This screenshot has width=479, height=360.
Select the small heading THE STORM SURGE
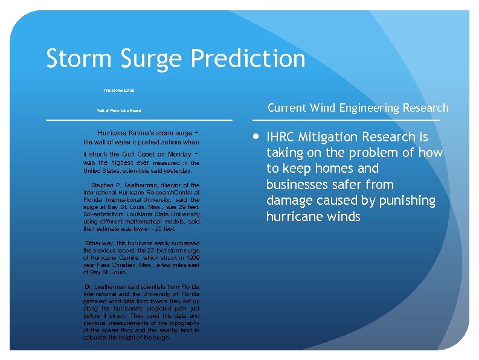point(119,90)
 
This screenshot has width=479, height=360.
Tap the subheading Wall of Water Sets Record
point(119,111)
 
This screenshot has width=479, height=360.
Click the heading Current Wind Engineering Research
point(358,108)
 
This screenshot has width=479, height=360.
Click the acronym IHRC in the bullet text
point(283,137)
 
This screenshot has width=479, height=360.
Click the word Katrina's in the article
point(140,133)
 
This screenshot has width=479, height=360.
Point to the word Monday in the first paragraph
point(180,155)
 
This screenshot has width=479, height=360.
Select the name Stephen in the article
point(102,185)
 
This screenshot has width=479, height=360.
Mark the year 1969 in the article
point(193,258)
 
